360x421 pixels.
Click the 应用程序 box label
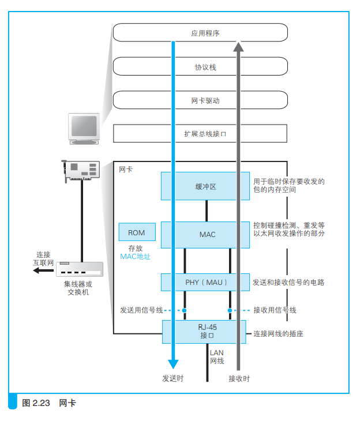pos(205,33)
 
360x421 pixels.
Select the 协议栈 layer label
pos(205,67)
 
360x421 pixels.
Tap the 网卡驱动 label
pos(205,101)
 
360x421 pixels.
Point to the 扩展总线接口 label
pos(205,134)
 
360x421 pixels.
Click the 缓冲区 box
pos(205,186)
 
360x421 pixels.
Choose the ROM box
pos(137,232)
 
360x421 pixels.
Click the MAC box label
pos(207,235)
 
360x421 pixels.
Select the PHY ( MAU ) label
pos(206,283)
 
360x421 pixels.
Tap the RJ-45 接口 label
pos(207,332)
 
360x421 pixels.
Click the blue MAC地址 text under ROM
pos(135,257)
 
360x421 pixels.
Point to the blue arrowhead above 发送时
pos(173,364)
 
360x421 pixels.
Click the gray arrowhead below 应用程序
pos(238,47)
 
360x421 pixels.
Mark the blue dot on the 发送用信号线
pos(184,310)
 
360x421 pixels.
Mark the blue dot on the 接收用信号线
pos(230,310)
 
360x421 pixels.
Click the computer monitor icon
pos(84,129)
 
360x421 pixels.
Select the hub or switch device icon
pos(80,269)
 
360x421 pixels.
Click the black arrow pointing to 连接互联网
pos(43,270)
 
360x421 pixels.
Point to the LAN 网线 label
pos(217,357)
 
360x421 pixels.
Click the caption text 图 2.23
pos(36,403)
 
